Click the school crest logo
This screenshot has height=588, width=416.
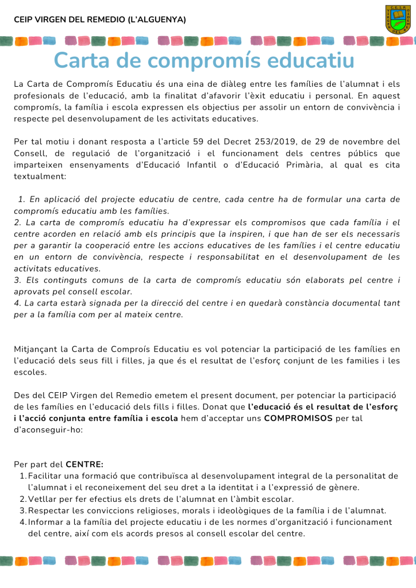[x=398, y=19]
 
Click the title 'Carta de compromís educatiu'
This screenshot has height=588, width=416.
[x=204, y=60]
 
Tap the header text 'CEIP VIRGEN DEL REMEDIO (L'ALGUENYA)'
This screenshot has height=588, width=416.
[x=100, y=20]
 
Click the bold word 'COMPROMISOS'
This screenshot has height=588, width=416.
[x=298, y=418]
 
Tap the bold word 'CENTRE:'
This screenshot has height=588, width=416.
[x=84, y=465]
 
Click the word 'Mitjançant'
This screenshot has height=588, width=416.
[x=35, y=349]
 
